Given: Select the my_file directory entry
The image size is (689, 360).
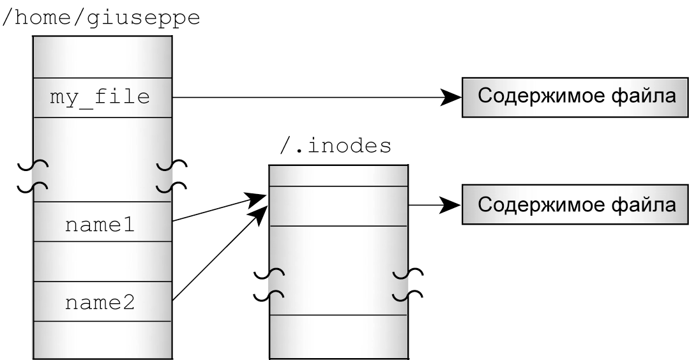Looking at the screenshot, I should click(x=102, y=98).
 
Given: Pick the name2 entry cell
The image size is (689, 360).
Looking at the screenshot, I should click(x=102, y=301).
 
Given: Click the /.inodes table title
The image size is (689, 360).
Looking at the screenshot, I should click(x=336, y=147).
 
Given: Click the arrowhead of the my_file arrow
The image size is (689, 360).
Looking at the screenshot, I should click(x=452, y=98).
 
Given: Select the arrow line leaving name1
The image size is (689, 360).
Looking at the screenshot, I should click(x=211, y=213).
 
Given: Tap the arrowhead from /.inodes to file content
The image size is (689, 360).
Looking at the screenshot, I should click(x=452, y=206).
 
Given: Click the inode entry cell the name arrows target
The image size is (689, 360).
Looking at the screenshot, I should click(x=338, y=206).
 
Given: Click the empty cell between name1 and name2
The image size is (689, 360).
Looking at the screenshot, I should click(x=102, y=262).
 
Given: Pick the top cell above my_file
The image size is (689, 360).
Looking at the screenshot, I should click(x=102, y=57).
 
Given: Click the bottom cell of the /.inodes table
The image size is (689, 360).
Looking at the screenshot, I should click(x=338, y=336).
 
